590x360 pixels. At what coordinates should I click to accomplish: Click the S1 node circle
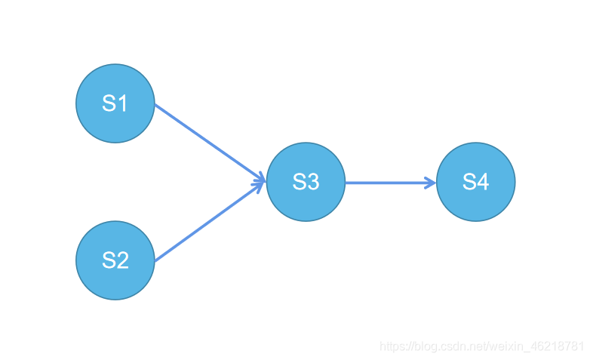pyautogui.click(x=115, y=103)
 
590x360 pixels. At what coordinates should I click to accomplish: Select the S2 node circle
pyautogui.click(x=115, y=260)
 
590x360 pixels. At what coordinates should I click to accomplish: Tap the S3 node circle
pyautogui.click(x=306, y=182)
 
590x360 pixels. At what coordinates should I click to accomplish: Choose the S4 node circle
pyautogui.click(x=476, y=182)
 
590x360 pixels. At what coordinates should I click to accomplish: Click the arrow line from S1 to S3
pyautogui.click(x=207, y=141)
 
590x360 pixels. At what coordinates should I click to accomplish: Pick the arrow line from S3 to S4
pyautogui.click(x=389, y=182)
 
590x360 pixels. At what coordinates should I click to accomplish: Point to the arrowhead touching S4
pyautogui.click(x=432, y=182)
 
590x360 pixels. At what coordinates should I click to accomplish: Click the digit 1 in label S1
pyautogui.click(x=122, y=103)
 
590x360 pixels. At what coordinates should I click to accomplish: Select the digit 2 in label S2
pyautogui.click(x=122, y=260)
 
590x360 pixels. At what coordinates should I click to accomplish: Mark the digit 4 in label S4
pyautogui.click(x=483, y=182)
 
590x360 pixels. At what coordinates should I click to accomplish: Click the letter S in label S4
pyautogui.click(x=469, y=182)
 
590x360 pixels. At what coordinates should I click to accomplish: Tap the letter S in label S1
pyautogui.click(x=108, y=103)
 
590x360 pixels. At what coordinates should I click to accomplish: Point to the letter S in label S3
pyautogui.click(x=298, y=182)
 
